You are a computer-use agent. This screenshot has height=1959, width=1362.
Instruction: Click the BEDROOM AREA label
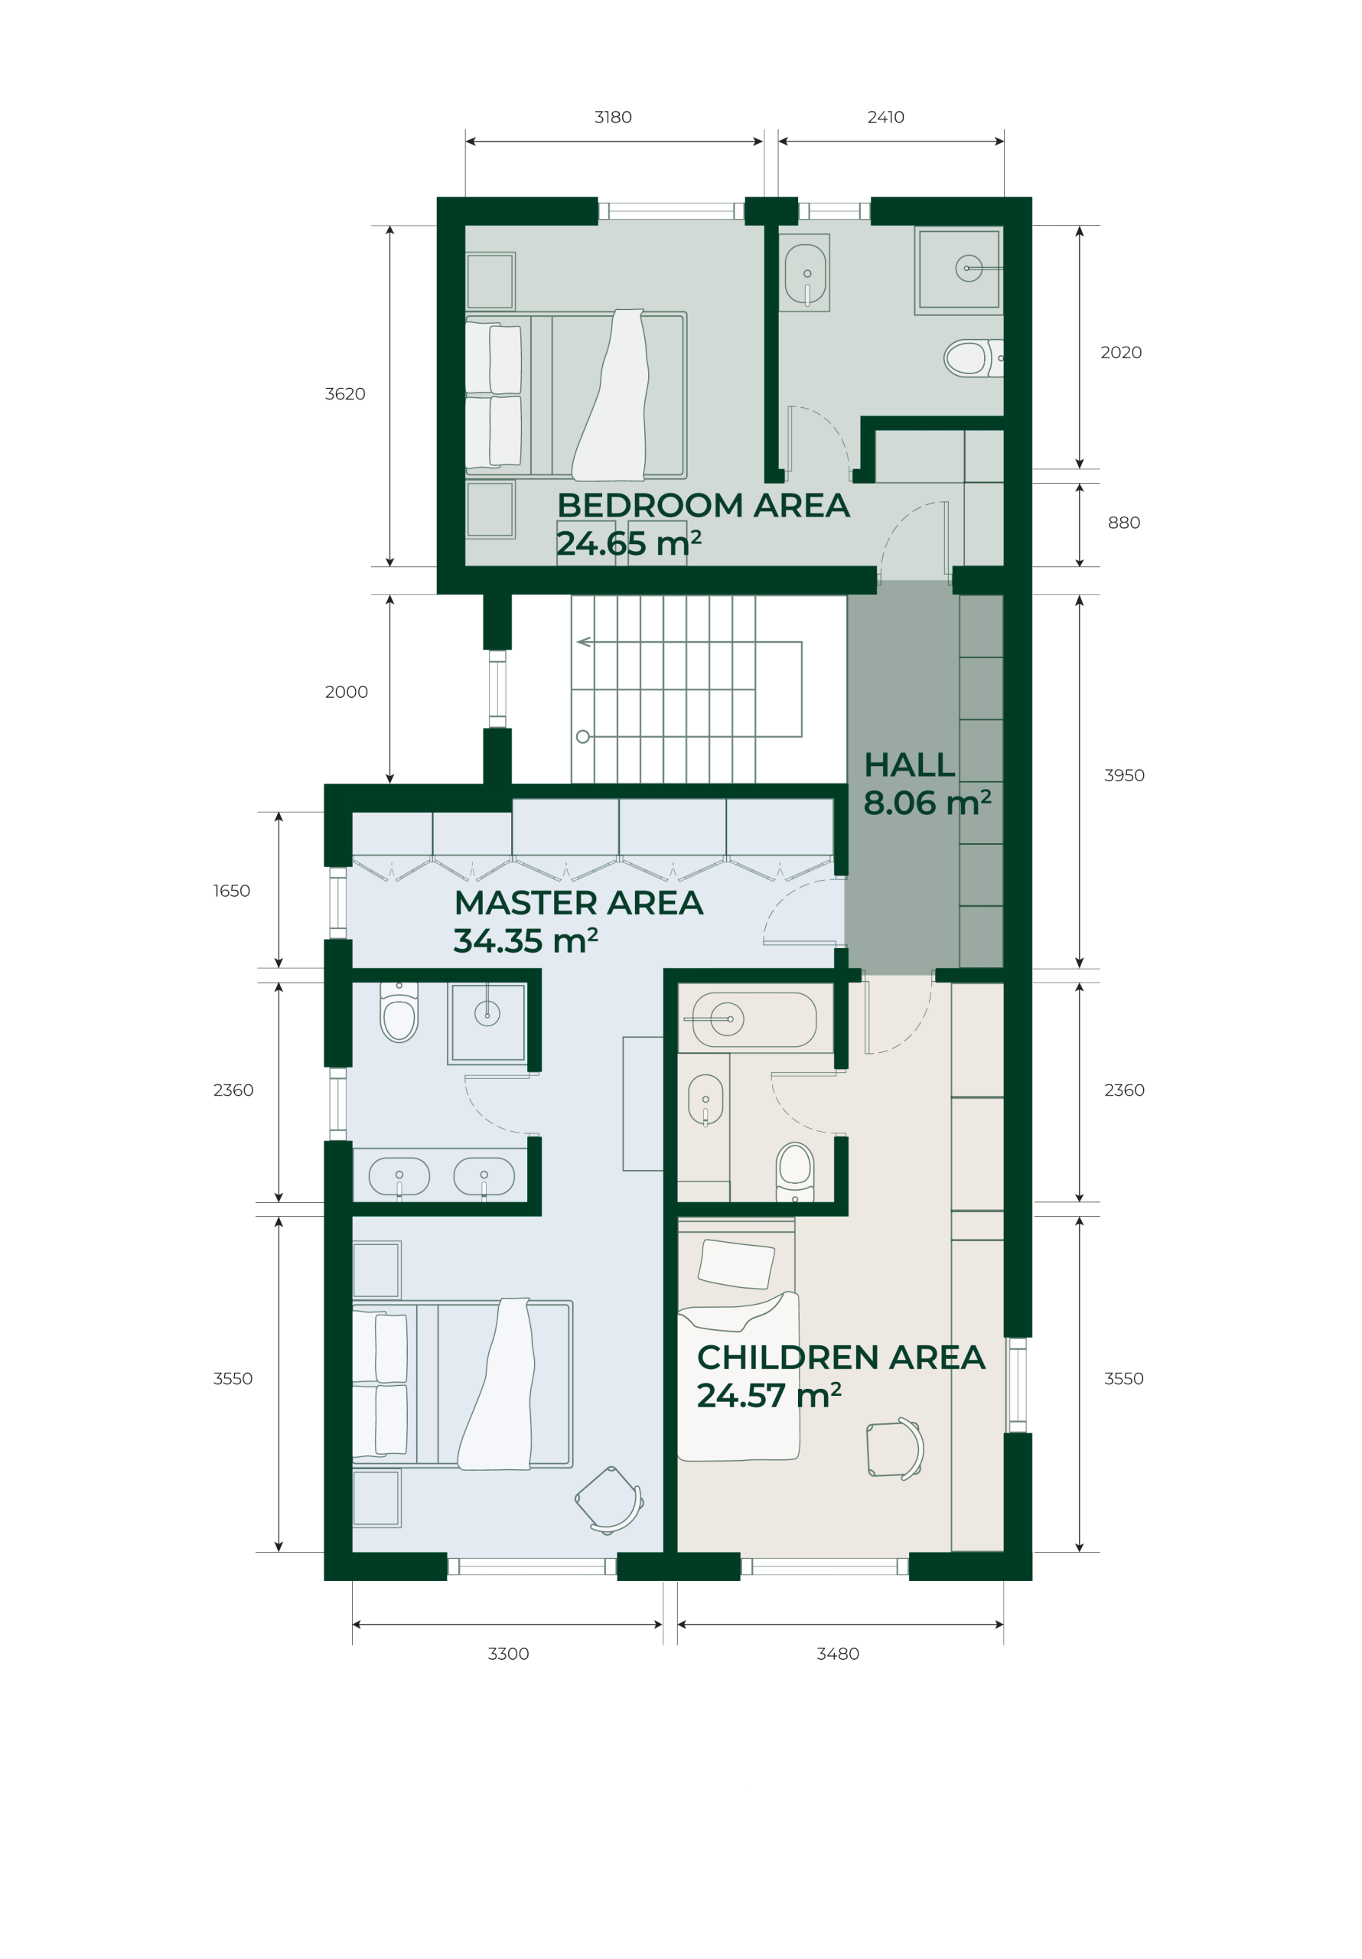(x=703, y=506)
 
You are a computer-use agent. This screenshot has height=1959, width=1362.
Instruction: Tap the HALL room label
(x=909, y=765)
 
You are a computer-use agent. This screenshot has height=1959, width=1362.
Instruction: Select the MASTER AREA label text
(x=578, y=903)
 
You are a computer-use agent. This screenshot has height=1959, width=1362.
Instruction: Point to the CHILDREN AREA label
(x=841, y=1358)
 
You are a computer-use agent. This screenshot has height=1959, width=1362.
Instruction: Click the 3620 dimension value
(x=345, y=394)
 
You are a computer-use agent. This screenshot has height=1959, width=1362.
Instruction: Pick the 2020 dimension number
(x=1120, y=352)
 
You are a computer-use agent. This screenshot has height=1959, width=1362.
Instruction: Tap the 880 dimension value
(x=1123, y=523)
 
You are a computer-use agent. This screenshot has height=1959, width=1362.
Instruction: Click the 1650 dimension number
(x=231, y=891)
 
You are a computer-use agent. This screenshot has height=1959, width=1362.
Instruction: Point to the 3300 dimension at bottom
(x=508, y=1654)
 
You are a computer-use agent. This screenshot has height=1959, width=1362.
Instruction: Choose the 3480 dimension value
(x=837, y=1654)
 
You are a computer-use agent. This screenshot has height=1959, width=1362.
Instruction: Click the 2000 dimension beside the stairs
(x=346, y=692)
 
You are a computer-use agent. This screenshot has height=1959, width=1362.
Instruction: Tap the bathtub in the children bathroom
(x=754, y=1019)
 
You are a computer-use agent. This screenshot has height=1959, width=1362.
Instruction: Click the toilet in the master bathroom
(x=399, y=1015)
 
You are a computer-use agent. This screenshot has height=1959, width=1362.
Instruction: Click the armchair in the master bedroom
(x=609, y=1500)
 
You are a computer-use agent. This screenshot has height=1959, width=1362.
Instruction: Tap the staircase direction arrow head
(x=583, y=641)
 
